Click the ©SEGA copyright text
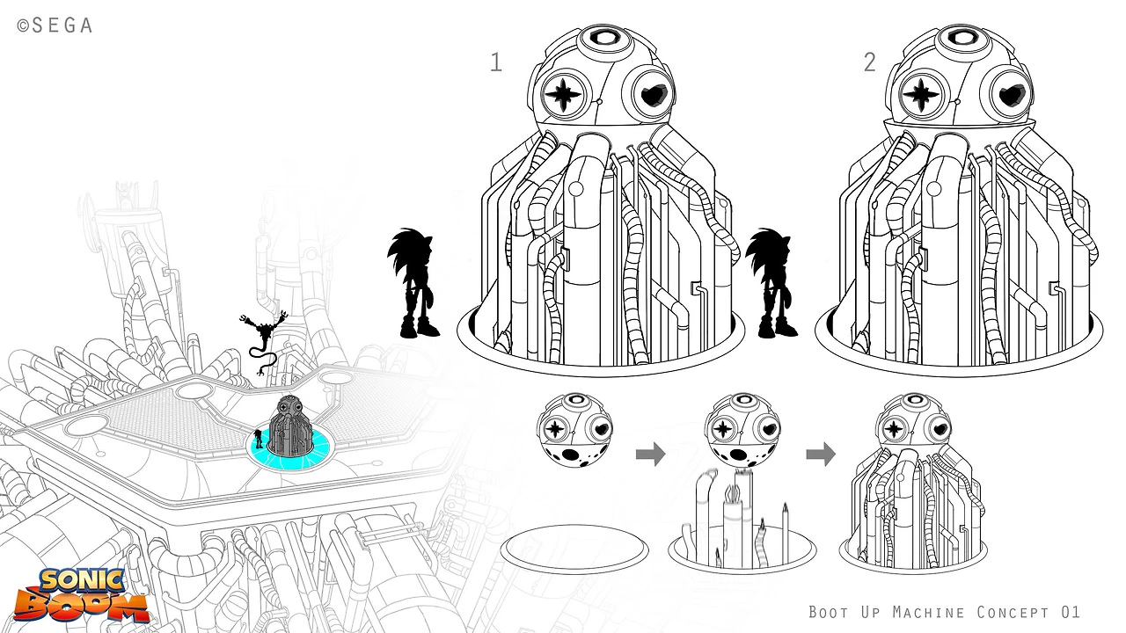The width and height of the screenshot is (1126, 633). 55,25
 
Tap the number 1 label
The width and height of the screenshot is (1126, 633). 496,62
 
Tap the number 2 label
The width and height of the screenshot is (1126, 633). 870,62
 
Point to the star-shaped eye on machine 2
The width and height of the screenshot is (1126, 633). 921,94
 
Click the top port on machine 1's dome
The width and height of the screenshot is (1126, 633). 606,39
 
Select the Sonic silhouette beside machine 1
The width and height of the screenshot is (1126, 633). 413,282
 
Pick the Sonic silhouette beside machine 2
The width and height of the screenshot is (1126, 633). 771,282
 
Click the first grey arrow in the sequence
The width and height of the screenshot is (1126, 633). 650,455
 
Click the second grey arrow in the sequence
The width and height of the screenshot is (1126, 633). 821,455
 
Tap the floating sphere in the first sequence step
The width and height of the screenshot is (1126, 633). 574,430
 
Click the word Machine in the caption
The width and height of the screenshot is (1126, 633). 928,612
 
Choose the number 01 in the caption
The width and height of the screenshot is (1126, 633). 1071,612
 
